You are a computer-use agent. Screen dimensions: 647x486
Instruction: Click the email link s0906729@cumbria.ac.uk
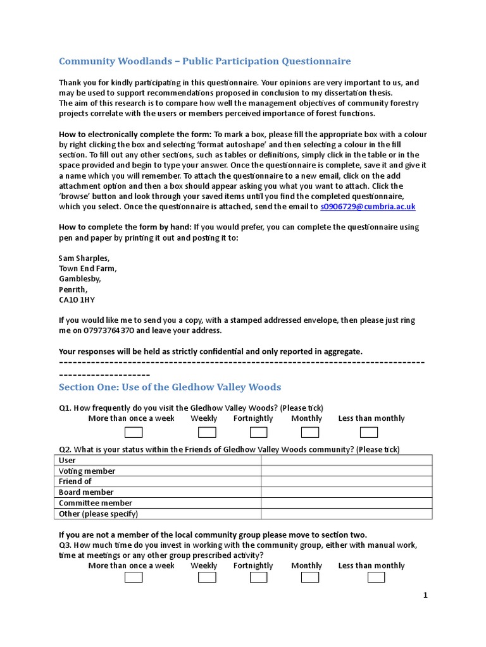tap(368, 207)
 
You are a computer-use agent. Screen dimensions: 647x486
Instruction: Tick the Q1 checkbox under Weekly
tap(207, 432)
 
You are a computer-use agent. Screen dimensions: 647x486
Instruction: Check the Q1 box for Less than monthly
tap(368, 432)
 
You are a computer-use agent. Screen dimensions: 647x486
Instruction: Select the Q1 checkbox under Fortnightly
tap(258, 432)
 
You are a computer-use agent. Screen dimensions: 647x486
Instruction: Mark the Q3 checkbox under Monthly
tap(309, 577)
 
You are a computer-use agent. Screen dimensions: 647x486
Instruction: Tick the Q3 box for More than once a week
tap(134, 577)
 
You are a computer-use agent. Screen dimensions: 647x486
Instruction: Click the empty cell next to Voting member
tap(346, 471)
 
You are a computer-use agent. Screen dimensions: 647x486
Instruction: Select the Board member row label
tap(86, 492)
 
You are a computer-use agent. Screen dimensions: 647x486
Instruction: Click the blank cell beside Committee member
tap(346, 503)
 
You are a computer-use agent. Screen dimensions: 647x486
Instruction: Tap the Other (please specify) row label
tap(98, 514)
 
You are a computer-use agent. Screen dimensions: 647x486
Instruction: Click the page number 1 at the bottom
tap(426, 595)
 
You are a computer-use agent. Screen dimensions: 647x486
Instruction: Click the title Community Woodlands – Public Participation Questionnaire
tap(204, 61)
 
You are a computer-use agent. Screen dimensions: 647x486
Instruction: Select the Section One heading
tap(170, 387)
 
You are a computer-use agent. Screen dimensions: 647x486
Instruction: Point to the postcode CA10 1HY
tap(77, 300)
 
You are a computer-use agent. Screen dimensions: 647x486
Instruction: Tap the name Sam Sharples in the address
tap(84, 258)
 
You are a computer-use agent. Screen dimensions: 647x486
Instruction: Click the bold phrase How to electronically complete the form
tap(134, 135)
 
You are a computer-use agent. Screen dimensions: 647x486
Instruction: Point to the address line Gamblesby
tap(79, 279)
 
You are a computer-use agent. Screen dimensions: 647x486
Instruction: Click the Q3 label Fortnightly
tap(253, 565)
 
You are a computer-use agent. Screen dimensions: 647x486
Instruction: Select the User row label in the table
tap(67, 461)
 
